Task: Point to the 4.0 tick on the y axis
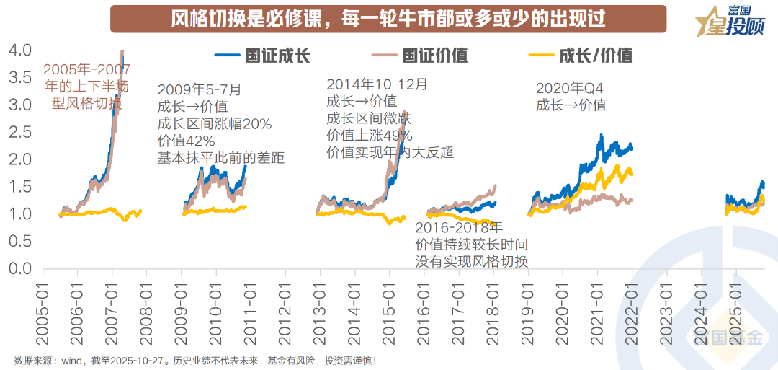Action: tap(20, 50)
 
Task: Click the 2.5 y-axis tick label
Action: tap(20, 132)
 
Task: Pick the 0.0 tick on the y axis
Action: tap(20, 269)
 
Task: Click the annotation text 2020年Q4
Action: tap(569, 88)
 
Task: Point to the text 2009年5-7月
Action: tap(200, 90)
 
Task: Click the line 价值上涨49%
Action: tap(370, 136)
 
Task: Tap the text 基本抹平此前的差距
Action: tap(221, 158)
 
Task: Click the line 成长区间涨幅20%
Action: tap(215, 124)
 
